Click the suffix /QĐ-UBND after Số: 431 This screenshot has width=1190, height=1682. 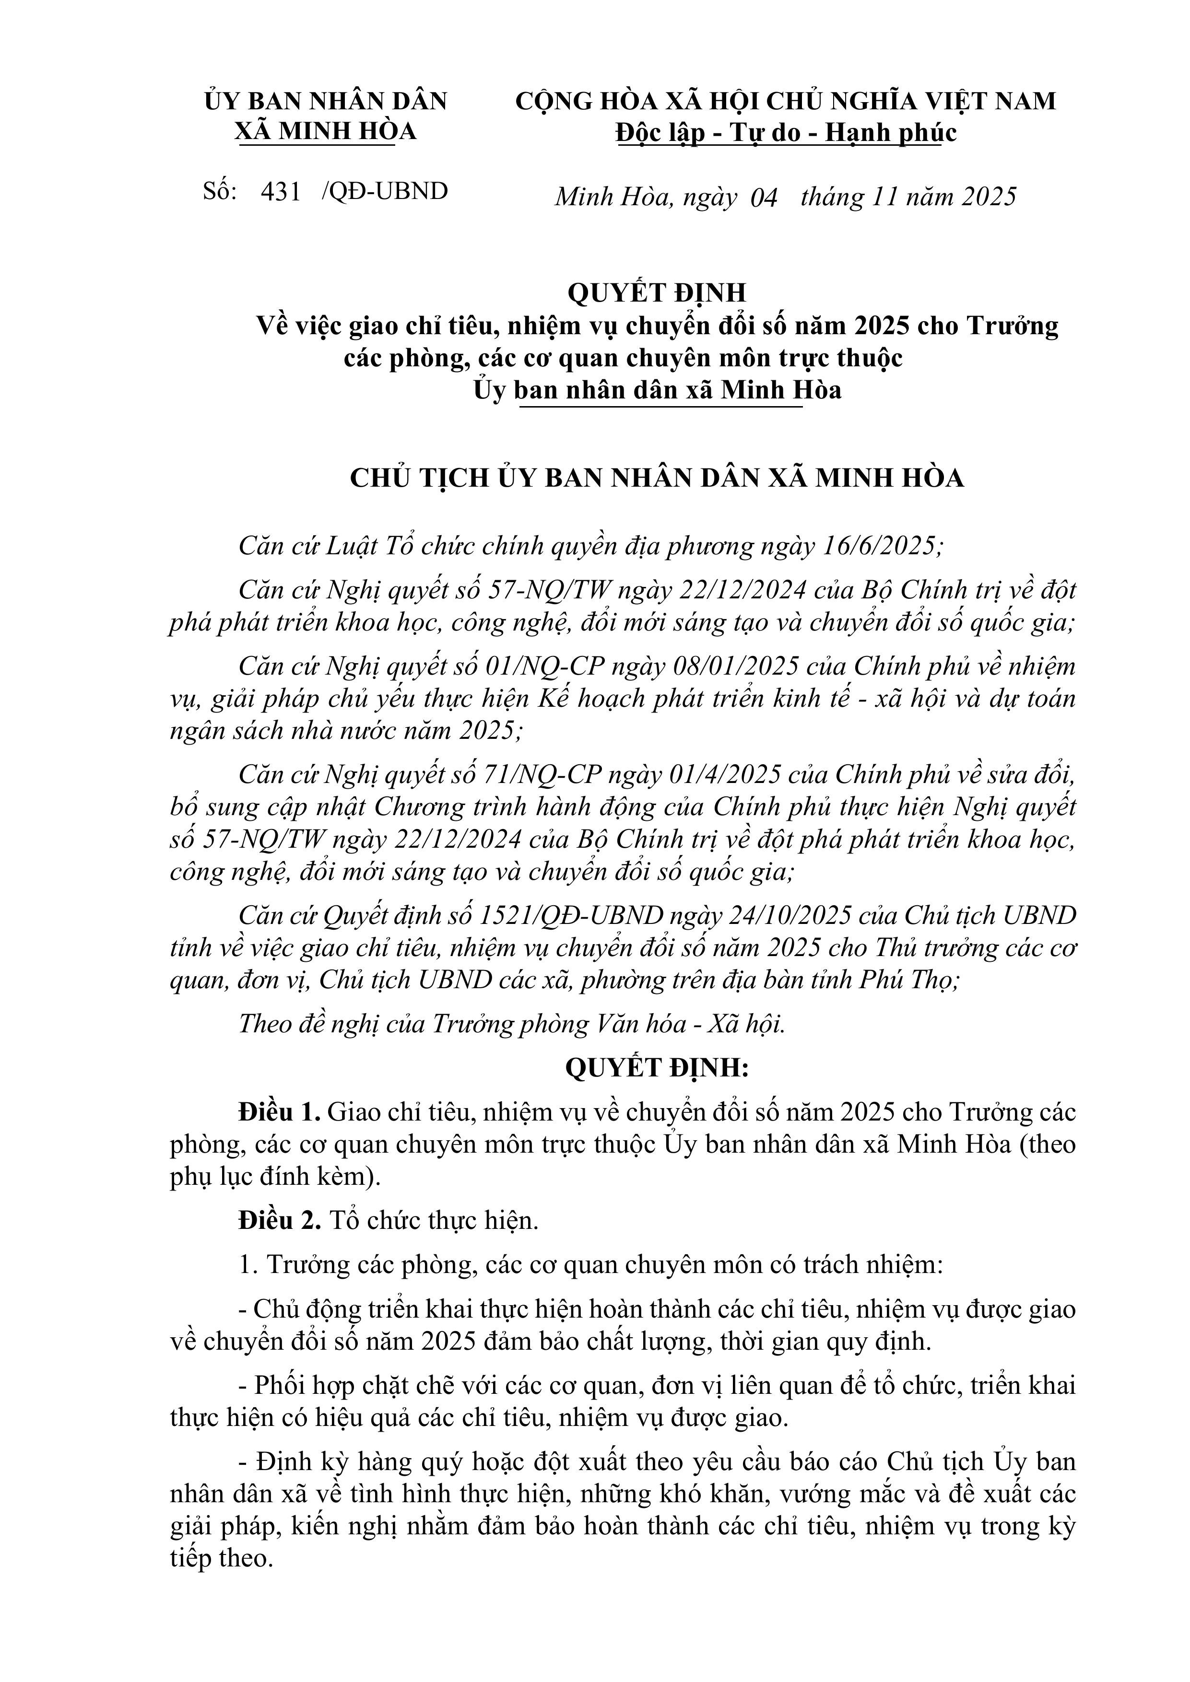pos(385,192)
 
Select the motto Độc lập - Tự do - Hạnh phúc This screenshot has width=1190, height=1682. pos(786,133)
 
